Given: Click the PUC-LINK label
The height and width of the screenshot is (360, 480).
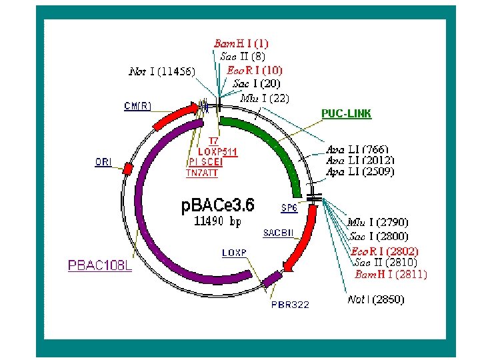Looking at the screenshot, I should click(x=346, y=113).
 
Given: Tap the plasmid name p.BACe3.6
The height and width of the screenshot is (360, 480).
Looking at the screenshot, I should click(x=218, y=205).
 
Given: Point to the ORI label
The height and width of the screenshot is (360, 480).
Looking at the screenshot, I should click(x=103, y=162).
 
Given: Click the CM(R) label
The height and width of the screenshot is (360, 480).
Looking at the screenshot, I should click(x=137, y=105).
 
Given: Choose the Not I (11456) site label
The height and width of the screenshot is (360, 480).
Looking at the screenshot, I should click(x=162, y=71).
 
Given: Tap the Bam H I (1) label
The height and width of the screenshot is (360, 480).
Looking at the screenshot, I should click(x=241, y=43).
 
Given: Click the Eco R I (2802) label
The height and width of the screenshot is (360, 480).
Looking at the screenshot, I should click(x=385, y=251).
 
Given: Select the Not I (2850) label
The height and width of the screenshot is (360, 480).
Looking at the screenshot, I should click(x=376, y=300).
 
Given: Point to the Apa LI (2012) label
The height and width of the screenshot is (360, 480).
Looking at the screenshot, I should click(x=360, y=160).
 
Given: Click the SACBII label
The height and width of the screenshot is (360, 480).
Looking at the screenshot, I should click(x=277, y=233).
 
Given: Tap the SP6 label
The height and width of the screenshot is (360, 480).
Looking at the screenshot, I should click(x=289, y=208).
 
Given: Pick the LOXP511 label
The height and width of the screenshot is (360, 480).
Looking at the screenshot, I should click(x=218, y=151).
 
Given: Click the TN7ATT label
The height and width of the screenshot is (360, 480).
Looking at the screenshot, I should click(x=201, y=173).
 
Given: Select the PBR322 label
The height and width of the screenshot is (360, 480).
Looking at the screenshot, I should click(x=290, y=305).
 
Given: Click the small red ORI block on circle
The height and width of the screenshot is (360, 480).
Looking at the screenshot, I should click(x=127, y=169).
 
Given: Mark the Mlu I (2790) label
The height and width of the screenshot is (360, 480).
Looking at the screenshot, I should click(x=378, y=222).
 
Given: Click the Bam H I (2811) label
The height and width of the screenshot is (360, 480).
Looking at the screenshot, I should click(x=391, y=274).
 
